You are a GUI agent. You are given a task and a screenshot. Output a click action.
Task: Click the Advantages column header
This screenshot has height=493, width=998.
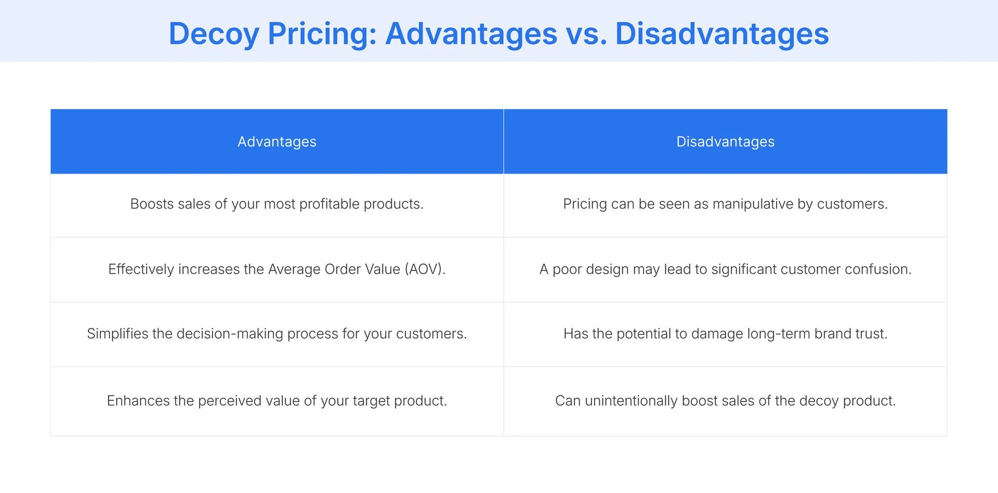277,141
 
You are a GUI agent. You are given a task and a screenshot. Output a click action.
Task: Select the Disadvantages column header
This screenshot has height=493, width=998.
725,141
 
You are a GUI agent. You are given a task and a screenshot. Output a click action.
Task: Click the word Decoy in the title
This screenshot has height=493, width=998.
214,34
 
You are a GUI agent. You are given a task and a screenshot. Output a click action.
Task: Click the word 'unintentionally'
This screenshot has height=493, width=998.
631,400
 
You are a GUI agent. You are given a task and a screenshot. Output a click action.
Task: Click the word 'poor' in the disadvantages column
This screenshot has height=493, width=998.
568,269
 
